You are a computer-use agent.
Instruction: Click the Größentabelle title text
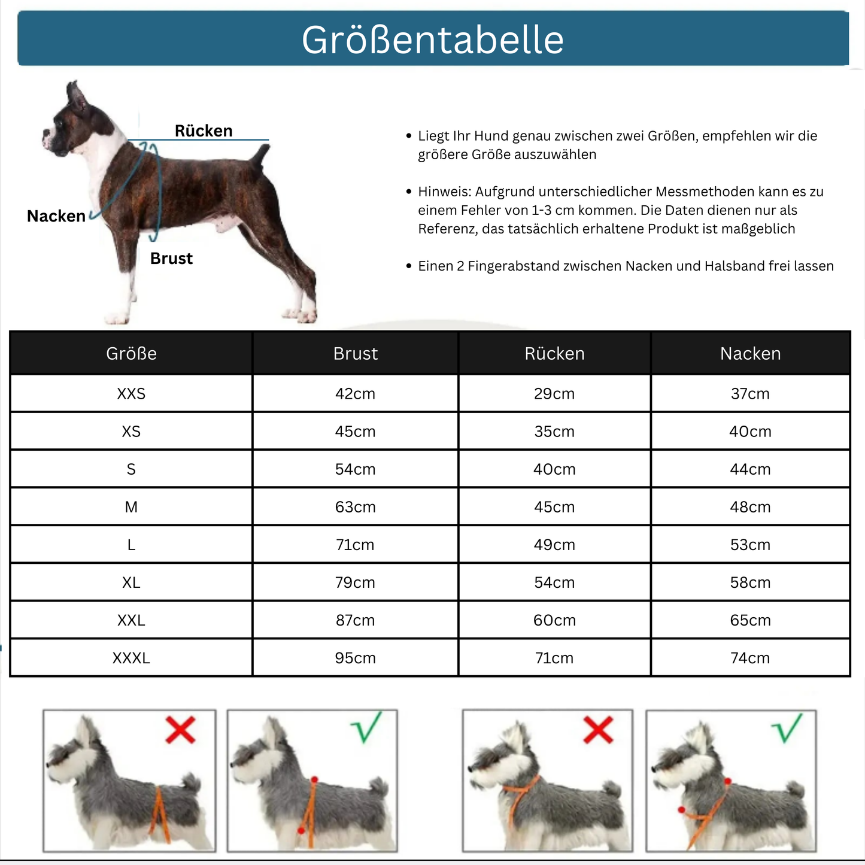tap(432, 40)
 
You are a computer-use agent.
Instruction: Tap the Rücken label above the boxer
tap(204, 130)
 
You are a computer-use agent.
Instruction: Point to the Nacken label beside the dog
tap(56, 216)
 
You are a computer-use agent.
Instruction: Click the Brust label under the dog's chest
tap(171, 259)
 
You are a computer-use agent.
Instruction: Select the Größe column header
tap(131, 354)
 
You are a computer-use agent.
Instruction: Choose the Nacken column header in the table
tap(750, 354)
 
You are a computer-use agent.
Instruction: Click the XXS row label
tap(131, 394)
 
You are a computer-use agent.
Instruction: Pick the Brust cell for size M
tap(355, 507)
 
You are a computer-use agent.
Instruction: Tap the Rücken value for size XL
tap(554, 582)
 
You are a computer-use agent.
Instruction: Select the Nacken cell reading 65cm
tap(750, 620)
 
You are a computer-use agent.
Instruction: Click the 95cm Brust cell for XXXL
tap(355, 658)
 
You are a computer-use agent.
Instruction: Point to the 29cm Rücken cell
tap(554, 394)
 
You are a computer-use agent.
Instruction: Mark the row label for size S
tap(131, 469)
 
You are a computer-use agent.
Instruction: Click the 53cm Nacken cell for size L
tap(750, 545)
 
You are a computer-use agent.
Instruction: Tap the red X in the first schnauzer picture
tap(180, 730)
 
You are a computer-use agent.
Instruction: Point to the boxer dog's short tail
tap(261, 156)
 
